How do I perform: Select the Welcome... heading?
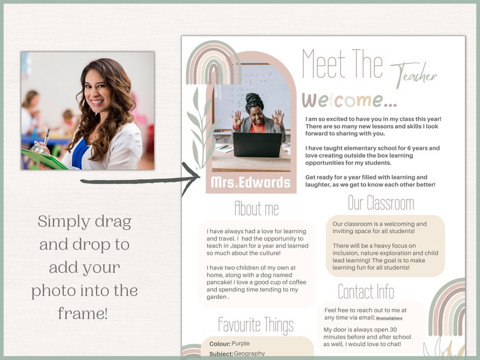tap(349, 100)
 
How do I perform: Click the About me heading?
tap(256, 208)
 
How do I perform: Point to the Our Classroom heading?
tap(381, 202)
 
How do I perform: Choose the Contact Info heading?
tap(366, 292)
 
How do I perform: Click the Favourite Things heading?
tap(256, 325)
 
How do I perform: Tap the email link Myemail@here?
tap(389, 318)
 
